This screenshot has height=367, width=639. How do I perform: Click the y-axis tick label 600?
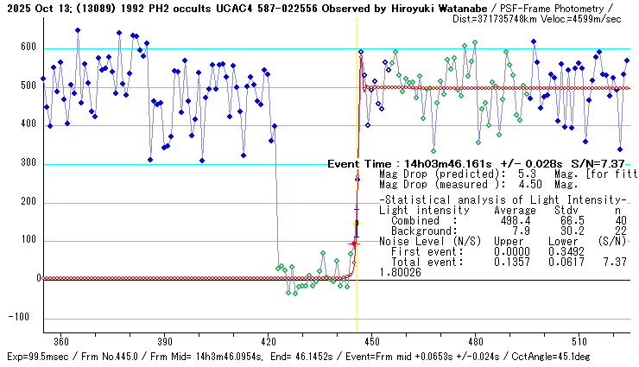(x=29, y=47)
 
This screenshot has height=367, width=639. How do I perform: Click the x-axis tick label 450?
(x=371, y=340)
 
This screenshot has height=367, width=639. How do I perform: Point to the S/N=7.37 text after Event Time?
(x=603, y=163)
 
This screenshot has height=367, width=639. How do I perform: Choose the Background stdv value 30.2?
(x=566, y=231)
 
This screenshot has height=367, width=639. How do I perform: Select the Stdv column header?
(x=566, y=211)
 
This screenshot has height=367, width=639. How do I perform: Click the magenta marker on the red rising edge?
(x=353, y=244)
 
